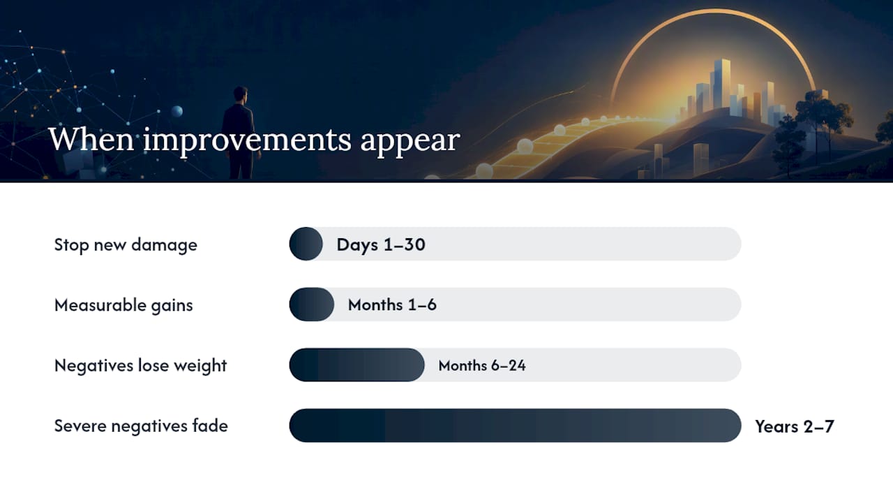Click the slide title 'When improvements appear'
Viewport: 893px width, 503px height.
[255, 140]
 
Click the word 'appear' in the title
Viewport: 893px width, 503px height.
[410, 143]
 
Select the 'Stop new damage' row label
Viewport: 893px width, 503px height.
[126, 245]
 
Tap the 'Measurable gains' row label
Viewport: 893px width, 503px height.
[123, 305]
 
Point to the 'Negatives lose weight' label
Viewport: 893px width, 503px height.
[140, 365]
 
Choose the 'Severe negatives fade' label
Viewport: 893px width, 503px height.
[141, 426]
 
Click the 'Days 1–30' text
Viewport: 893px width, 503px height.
[381, 245]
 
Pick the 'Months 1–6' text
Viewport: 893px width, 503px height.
[392, 305]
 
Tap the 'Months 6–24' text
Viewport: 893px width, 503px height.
[482, 365]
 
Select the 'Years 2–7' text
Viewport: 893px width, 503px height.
[795, 426]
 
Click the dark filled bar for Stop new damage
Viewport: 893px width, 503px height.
[306, 244]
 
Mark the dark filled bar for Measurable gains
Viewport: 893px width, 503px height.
[311, 304]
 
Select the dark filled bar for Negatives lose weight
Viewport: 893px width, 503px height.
[357, 365]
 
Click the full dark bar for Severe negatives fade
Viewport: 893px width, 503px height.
[515, 425]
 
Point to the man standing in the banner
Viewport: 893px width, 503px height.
[239, 133]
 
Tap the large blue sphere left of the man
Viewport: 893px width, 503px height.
[177, 111]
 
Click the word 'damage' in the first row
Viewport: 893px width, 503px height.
[164, 245]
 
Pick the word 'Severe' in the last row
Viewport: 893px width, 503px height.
[80, 426]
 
